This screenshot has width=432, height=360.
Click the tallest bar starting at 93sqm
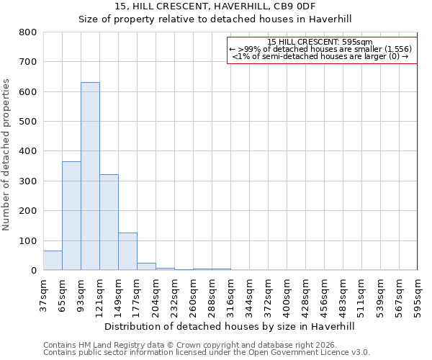(x=90, y=176)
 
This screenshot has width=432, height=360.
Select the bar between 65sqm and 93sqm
(x=71, y=216)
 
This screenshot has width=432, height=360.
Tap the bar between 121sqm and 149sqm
(x=109, y=222)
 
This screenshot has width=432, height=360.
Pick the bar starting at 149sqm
(x=127, y=251)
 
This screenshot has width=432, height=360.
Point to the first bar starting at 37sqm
(x=53, y=261)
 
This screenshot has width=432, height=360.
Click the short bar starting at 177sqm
(x=146, y=266)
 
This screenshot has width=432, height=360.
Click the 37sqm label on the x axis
(x=44, y=294)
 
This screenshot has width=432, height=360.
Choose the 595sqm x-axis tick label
(x=418, y=294)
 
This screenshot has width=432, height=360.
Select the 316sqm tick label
(x=230, y=294)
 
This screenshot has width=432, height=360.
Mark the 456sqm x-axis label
(x=324, y=294)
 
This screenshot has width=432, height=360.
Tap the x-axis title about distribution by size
(x=230, y=326)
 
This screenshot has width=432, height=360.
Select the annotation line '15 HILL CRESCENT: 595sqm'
(x=320, y=42)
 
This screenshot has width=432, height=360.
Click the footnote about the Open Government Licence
(x=207, y=352)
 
